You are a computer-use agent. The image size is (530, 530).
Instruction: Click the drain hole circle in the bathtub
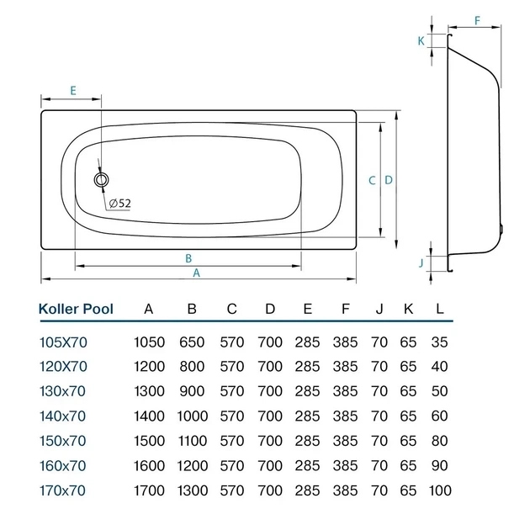(102, 179)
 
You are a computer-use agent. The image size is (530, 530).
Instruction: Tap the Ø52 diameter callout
(120, 203)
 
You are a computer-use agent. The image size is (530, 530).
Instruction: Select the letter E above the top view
(73, 91)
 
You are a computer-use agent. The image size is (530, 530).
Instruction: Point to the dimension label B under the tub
(188, 258)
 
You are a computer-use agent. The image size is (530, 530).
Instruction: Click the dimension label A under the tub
(196, 273)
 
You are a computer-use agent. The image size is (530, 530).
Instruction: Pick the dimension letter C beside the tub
(372, 181)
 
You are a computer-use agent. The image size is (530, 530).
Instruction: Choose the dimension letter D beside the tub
(389, 180)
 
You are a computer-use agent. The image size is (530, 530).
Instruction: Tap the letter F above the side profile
(477, 21)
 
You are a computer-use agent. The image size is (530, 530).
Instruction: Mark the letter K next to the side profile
(421, 41)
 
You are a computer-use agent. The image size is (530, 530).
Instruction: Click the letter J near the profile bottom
(421, 263)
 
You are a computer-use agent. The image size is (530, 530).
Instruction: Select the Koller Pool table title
(76, 309)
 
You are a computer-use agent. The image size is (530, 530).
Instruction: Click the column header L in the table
(439, 309)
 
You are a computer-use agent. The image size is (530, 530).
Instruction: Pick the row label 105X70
(64, 342)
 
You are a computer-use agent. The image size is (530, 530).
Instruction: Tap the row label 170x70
(63, 490)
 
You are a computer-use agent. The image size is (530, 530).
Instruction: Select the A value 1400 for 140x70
(149, 416)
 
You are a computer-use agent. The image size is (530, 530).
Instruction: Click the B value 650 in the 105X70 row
(192, 342)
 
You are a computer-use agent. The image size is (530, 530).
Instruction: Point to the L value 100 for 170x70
(440, 490)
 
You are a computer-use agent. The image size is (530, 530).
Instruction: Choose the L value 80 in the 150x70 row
(439, 441)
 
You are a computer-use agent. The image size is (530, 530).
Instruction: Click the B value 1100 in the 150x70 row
(192, 441)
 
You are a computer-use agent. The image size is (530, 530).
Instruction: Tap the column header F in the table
(345, 309)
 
